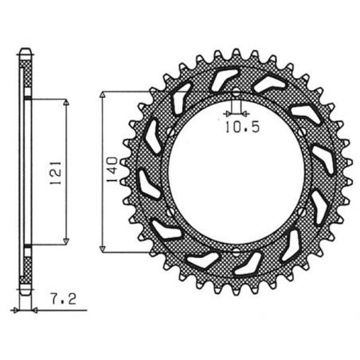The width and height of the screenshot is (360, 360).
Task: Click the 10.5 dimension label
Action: (x=237, y=125)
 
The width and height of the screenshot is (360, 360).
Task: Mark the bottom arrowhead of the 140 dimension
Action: (x=103, y=248)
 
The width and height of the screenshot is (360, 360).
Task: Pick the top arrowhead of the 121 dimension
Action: (x=63, y=102)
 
